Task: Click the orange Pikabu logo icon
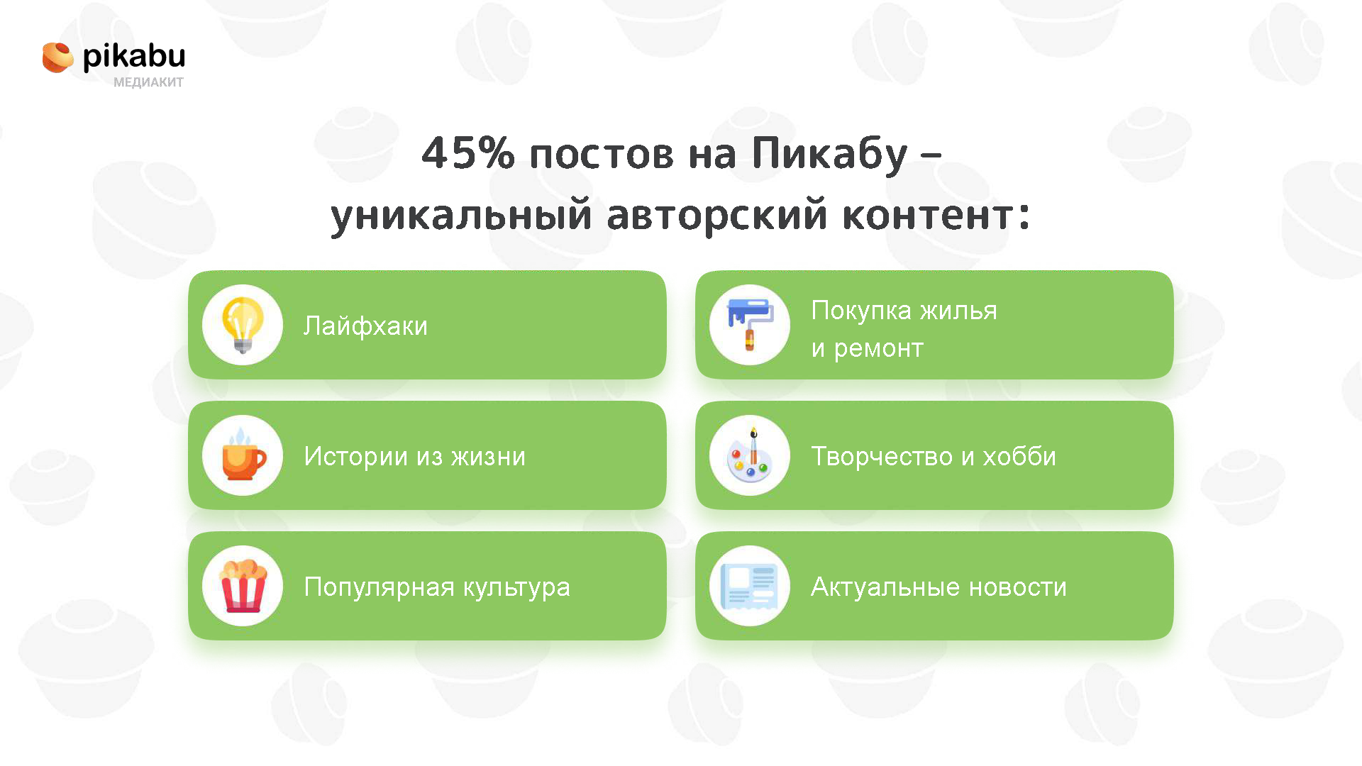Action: tap(57, 57)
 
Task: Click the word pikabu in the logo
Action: tap(134, 56)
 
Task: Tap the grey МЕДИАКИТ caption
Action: tap(148, 82)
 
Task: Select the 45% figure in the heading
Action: tap(468, 152)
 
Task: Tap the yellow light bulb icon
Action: tap(243, 326)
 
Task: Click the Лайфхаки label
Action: tap(365, 326)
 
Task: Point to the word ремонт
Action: tap(878, 349)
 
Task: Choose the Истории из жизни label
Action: tap(415, 456)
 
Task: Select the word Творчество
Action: tap(882, 456)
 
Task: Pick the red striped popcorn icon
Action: tap(243, 586)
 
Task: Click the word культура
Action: tap(516, 588)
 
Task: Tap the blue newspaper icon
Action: tap(750, 587)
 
